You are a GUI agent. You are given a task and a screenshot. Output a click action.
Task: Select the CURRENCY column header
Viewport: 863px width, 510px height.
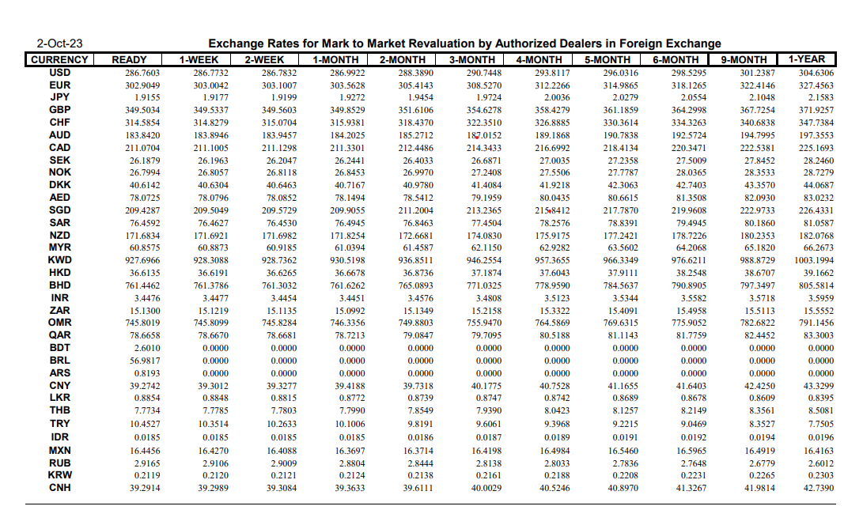[x=60, y=59]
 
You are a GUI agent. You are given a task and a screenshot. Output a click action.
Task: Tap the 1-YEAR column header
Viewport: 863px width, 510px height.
[x=806, y=59]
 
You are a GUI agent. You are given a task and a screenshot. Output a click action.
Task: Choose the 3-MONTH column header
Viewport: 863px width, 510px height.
[x=471, y=59]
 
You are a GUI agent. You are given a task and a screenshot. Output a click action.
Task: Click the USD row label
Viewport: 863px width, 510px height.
[x=60, y=73]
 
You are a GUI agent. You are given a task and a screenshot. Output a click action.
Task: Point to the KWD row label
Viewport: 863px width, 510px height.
[x=60, y=259]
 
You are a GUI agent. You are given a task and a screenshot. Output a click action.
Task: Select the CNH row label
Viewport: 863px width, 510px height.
[x=60, y=488]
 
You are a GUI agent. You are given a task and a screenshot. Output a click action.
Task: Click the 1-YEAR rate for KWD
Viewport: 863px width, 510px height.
[x=814, y=260]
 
